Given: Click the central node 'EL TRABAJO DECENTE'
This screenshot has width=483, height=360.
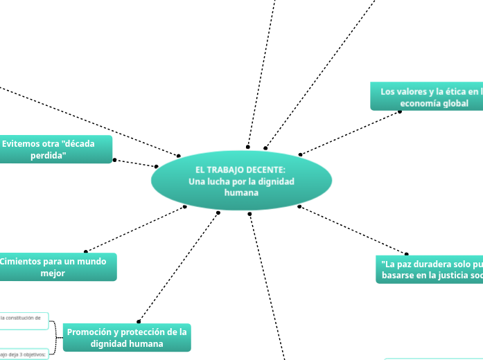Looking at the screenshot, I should [241, 181].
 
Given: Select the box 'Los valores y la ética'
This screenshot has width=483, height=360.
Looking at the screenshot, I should [427, 97].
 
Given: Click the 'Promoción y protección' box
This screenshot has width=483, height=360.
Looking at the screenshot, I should [127, 337].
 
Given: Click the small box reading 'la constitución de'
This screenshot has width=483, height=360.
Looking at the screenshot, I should [24, 318].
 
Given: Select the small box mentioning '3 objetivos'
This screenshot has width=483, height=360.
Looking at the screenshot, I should [24, 354].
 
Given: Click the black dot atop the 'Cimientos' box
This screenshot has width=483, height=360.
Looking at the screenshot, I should [85, 251].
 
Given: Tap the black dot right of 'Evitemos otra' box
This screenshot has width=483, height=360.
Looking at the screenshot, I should [114, 160].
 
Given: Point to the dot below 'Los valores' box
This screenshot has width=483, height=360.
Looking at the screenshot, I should [401, 111].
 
